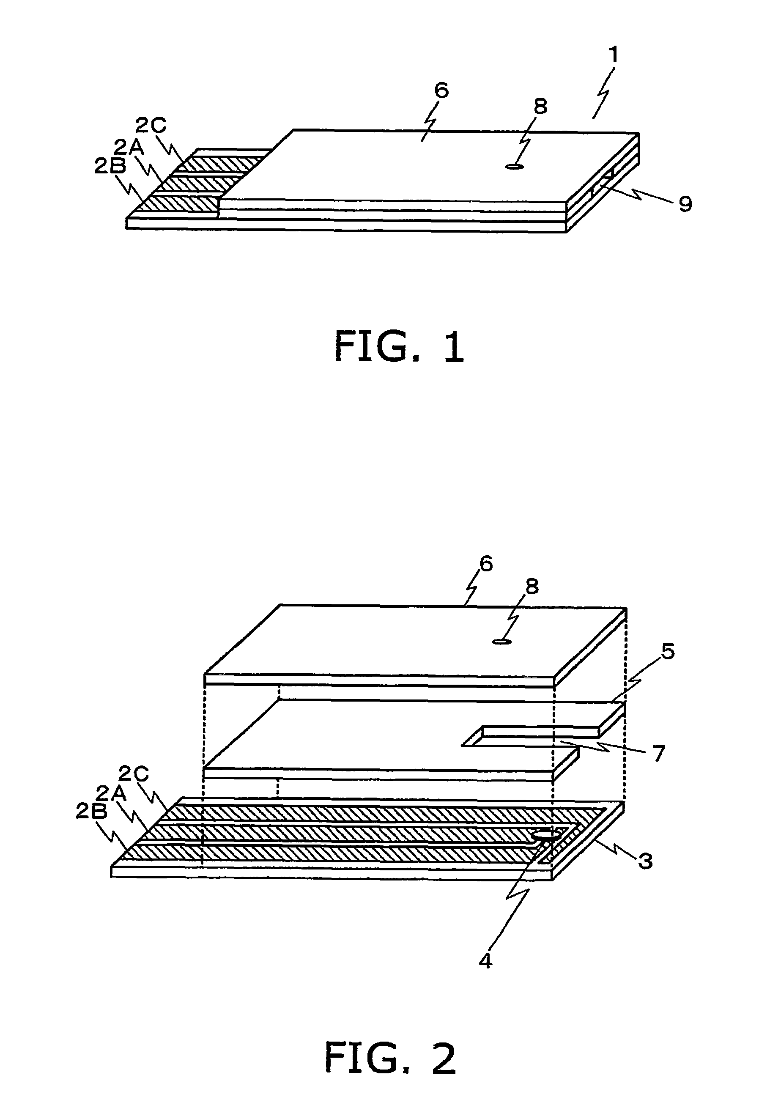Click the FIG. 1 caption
tap(399, 347)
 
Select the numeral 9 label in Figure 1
tap(685, 205)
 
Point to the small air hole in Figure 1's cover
tap(514, 167)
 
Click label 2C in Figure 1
tap(151, 126)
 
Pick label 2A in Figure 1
tap(129, 147)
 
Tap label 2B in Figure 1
tap(110, 166)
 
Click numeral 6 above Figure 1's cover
tap(441, 91)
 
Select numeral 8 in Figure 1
tap(540, 107)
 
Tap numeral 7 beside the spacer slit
tap(658, 753)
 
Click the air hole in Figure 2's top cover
tap(501, 642)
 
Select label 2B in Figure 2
tap(91, 812)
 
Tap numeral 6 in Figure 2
tap(486, 564)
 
